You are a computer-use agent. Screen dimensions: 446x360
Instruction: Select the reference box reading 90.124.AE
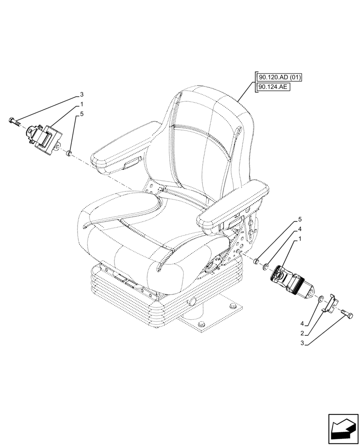[273, 87]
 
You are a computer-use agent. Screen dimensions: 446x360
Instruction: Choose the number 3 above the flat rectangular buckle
[82, 95]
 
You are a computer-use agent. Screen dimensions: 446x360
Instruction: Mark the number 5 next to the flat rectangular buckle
[82, 114]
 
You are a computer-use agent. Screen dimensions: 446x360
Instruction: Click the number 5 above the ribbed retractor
[300, 219]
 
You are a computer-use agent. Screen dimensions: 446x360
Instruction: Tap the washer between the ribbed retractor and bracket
[321, 297]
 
